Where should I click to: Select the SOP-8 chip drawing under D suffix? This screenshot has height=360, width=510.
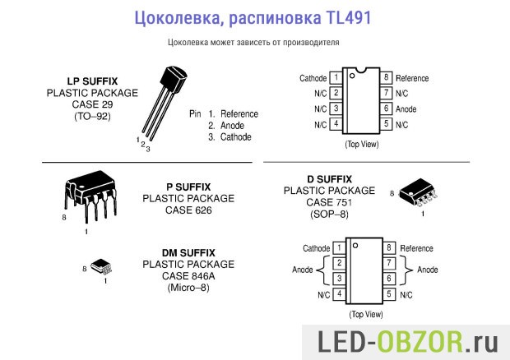(417, 193)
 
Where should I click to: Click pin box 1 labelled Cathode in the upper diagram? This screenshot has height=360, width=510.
(336, 78)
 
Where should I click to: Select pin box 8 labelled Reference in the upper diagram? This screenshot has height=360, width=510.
(386, 78)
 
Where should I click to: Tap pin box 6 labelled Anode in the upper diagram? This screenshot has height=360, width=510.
(386, 108)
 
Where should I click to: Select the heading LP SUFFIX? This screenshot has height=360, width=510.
(92, 82)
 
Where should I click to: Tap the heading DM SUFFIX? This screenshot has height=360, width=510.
(188, 252)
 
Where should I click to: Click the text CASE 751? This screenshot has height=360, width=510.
(329, 202)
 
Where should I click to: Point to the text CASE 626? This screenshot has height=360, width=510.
(188, 210)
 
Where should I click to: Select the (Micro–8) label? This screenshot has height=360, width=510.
(188, 288)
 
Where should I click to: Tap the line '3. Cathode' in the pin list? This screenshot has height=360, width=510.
(229, 137)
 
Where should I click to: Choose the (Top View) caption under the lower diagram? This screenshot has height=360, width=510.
(365, 314)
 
